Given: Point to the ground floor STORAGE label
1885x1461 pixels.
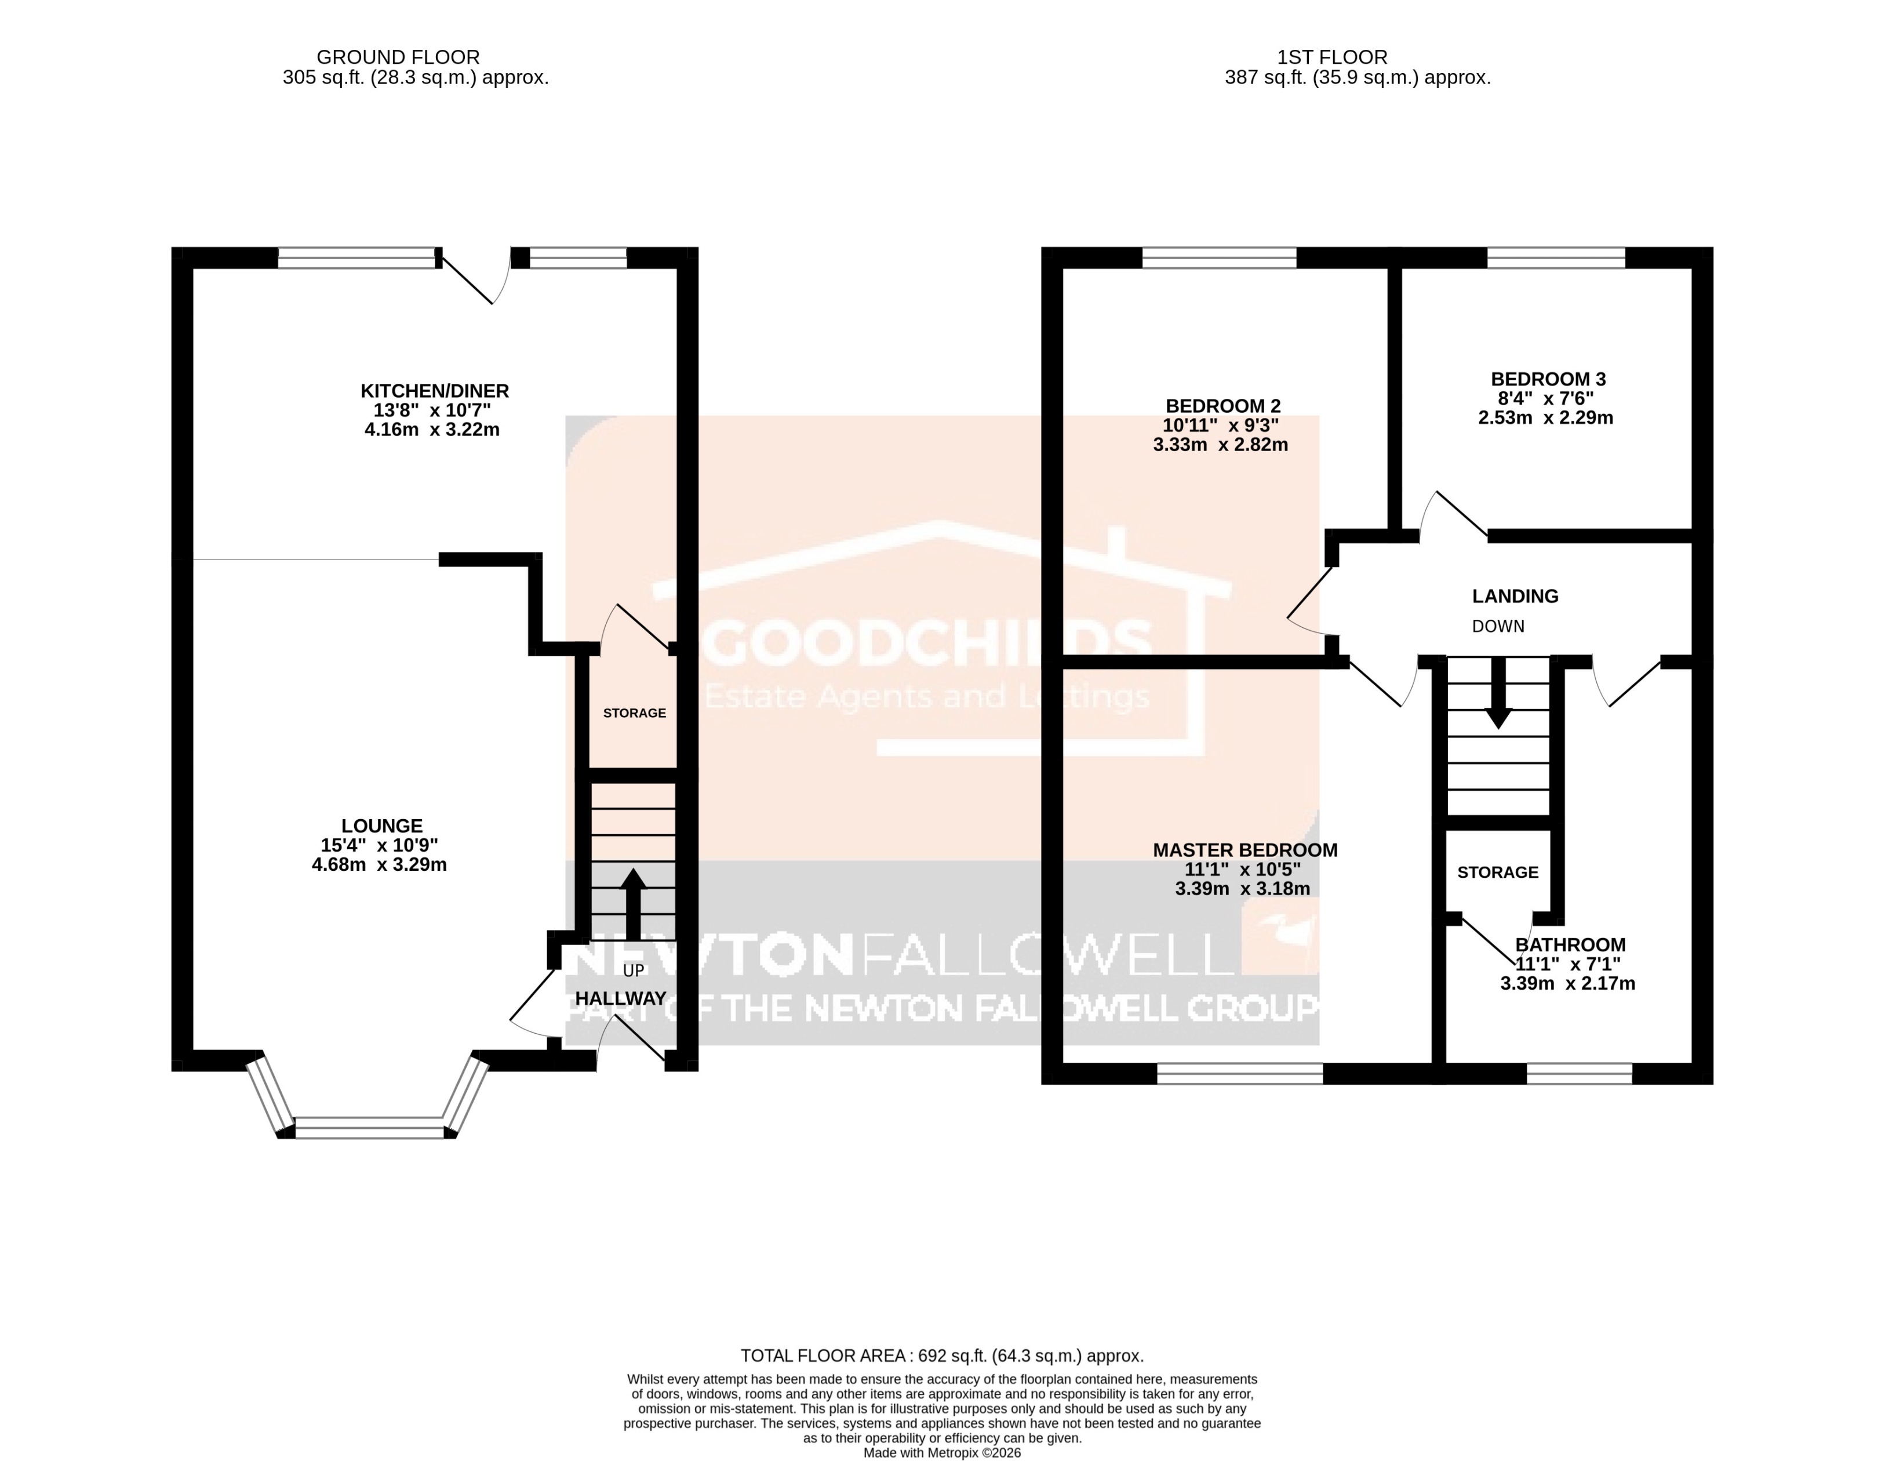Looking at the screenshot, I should pos(634,713).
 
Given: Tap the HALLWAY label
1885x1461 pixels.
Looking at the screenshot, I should pos(621,999).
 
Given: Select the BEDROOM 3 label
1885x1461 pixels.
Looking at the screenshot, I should pos(1548,379).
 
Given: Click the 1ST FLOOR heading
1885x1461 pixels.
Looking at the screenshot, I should pos(1332,57).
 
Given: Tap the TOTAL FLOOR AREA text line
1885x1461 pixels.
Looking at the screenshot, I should pos(942,1355).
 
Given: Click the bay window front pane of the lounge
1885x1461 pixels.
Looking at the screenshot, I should pos(369,1128).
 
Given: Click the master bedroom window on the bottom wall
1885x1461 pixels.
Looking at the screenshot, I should pos(1239,1073).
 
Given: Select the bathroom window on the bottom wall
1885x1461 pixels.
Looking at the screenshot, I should pos(1580,1073).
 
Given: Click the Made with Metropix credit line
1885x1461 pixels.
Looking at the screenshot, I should pos(942,1453).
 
